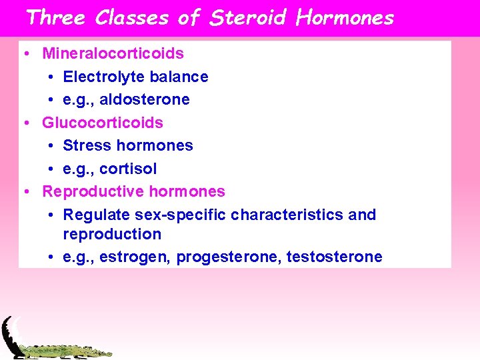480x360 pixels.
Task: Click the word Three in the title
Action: tap(55, 17)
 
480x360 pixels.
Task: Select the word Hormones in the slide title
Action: tap(345, 17)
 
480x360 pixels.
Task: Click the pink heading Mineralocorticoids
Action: tap(113, 53)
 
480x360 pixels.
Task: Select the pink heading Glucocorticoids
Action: tap(103, 123)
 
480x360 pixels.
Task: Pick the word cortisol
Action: tap(131, 169)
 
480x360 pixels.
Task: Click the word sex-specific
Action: tap(180, 215)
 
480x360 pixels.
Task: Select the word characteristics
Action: tap(287, 215)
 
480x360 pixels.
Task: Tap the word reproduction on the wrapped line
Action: tap(112, 235)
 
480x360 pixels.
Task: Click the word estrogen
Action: tap(141, 257)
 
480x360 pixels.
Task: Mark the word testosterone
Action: tap(334, 257)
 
